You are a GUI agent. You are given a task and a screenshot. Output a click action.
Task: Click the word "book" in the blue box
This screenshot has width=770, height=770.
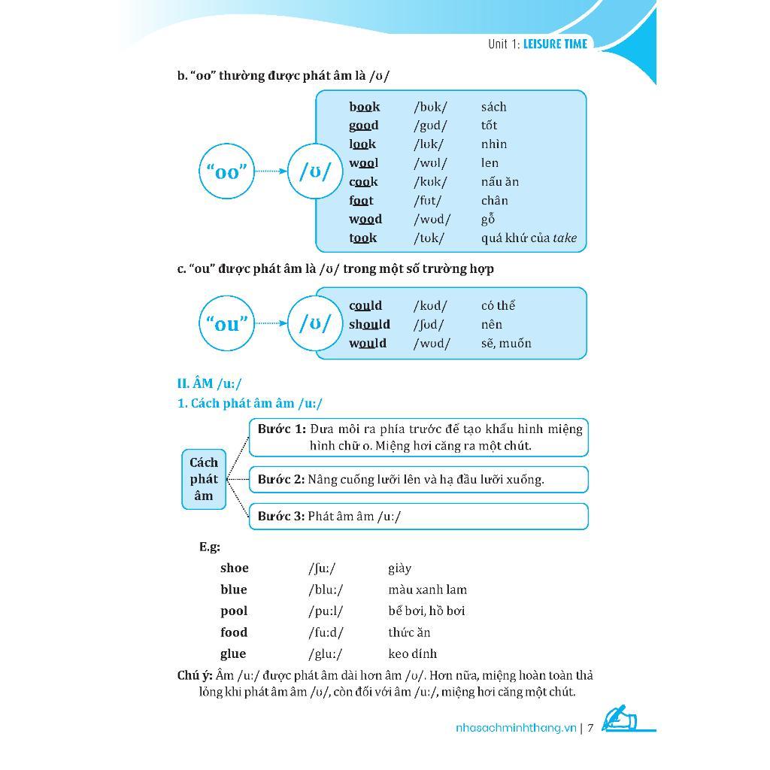tap(364, 107)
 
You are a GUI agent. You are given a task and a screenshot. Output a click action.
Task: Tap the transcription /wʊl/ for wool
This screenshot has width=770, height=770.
tap(430, 163)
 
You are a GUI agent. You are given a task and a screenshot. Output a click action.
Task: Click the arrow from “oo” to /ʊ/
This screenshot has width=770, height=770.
tap(271, 171)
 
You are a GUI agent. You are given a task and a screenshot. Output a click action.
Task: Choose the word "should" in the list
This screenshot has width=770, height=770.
tap(369, 325)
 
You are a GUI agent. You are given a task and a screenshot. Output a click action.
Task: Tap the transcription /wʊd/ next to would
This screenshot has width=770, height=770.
tap(432, 344)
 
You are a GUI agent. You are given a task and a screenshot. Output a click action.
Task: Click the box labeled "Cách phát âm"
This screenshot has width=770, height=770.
tap(204, 479)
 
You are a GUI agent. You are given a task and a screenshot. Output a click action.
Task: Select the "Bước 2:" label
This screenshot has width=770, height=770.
tap(280, 479)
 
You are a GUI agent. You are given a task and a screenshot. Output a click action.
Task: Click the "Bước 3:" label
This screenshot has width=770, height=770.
tap(280, 517)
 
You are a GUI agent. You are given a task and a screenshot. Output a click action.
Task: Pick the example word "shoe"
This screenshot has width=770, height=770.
tap(235, 568)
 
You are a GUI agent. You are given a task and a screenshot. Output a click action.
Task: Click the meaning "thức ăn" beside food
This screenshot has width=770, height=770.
tap(409, 633)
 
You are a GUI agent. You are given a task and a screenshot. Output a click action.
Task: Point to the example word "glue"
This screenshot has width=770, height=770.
tap(233, 654)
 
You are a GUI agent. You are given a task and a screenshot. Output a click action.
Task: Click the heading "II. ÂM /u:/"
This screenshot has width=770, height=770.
tap(209, 383)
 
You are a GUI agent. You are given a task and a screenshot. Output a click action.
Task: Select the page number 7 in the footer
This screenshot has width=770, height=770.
tap(591, 728)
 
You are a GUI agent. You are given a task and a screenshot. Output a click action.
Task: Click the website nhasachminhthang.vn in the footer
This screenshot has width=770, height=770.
tap(516, 728)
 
